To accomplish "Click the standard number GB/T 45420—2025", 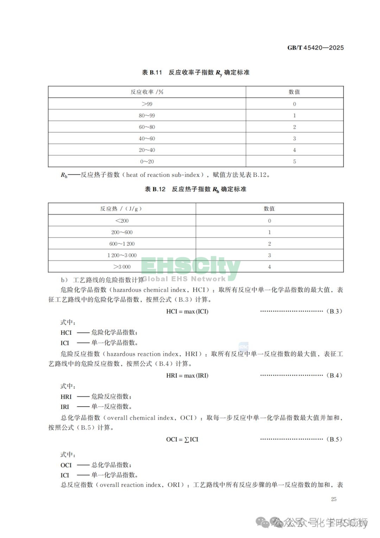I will coord(315,48).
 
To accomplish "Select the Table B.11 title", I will coord(196,73).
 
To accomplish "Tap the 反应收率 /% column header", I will coord(147,92).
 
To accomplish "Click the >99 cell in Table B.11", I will coord(147,104).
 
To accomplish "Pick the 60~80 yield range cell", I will coord(147,127).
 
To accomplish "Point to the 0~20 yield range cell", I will coord(147,161).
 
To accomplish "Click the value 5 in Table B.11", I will coord(294,161).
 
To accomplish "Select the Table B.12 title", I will coord(196,189).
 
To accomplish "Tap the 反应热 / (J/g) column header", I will coord(121,209).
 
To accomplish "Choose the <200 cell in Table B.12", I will coord(122,221).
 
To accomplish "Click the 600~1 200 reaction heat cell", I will coord(122,244).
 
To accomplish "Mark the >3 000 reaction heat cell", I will coord(122,267).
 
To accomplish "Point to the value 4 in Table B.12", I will coord(270,267).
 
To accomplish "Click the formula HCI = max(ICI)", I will coord(187,311).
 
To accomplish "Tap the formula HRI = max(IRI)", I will coord(187,376).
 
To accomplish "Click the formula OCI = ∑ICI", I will coord(182,439).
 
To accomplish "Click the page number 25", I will coord(334,499).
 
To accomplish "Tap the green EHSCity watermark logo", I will coord(191,268).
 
